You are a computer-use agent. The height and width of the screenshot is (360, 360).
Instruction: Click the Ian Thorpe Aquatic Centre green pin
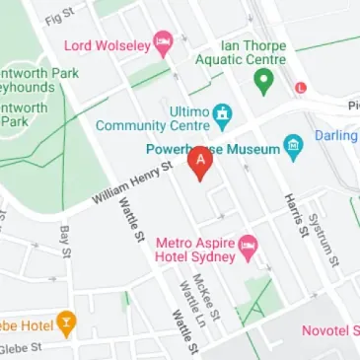click(263, 83)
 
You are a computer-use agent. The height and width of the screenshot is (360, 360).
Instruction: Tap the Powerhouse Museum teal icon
click(293, 146)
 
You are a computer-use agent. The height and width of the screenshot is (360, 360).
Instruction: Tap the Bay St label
click(65, 240)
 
